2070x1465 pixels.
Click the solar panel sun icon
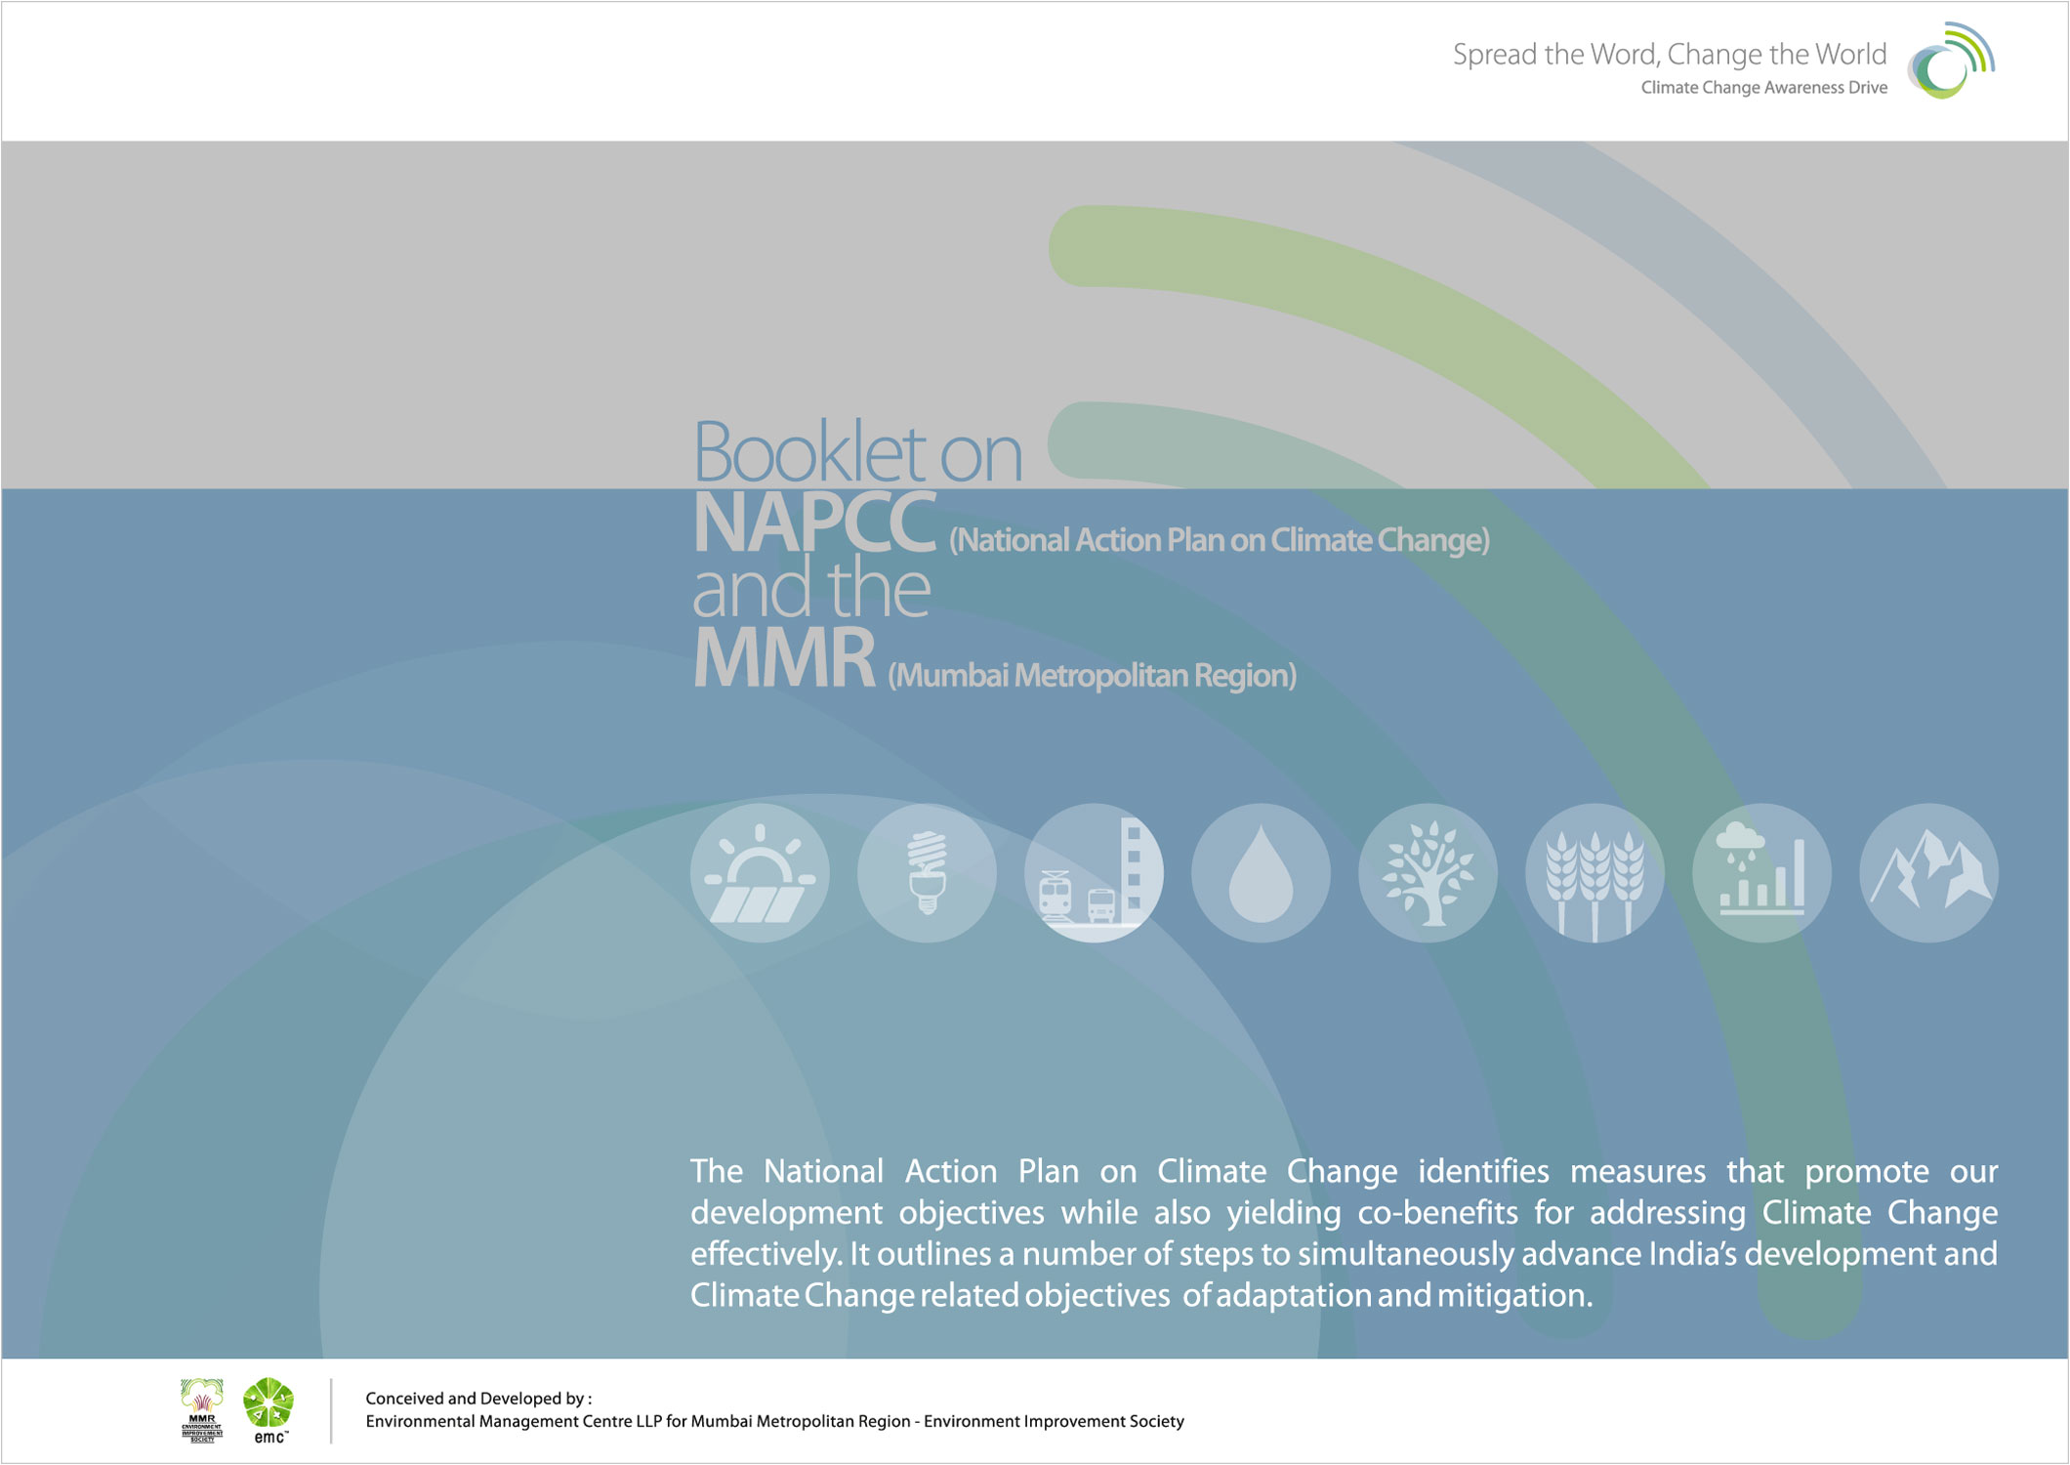760,872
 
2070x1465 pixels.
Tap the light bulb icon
927,872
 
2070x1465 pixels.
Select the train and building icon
1094,872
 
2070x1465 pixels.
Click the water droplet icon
1261,872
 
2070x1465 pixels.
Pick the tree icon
1428,872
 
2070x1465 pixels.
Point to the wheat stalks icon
1594,872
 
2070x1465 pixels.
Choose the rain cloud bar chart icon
1761,872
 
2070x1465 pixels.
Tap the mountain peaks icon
1928,872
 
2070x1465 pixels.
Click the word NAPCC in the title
814,523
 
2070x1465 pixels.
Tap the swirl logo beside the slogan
1950,61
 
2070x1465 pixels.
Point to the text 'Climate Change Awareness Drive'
1763,88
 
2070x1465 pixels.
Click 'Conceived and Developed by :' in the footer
478,1399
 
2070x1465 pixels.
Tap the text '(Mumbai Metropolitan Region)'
1092,675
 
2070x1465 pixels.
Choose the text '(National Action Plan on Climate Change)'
1220,540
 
